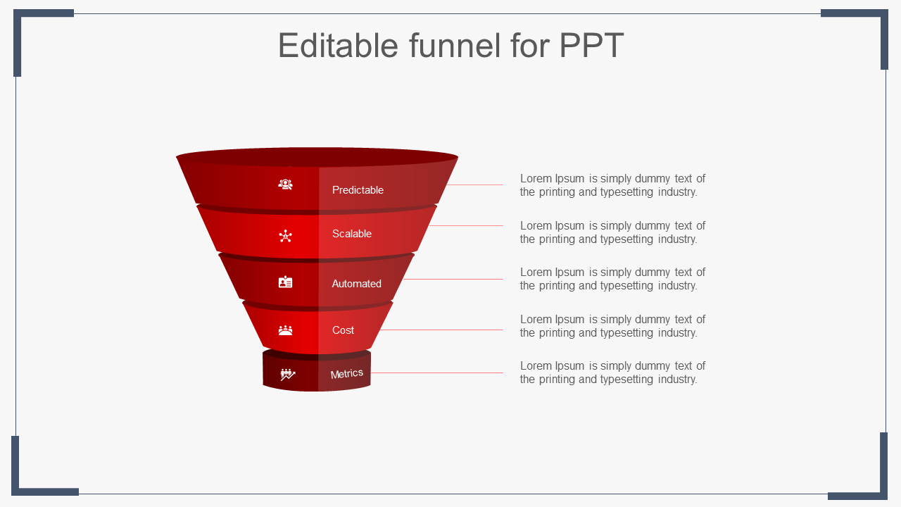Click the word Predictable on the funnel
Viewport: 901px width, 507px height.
pos(358,190)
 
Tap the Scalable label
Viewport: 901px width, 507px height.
pos(351,234)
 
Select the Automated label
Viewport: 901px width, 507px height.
pos(356,284)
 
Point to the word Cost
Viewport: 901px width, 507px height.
pos(343,330)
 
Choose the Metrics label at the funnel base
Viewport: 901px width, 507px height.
pos(347,374)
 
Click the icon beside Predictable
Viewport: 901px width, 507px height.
pos(286,184)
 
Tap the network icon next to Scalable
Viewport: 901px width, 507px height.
pos(286,236)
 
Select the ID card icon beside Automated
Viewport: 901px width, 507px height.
pos(286,282)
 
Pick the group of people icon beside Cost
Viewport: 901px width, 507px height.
pos(286,330)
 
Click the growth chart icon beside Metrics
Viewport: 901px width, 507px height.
pos(288,375)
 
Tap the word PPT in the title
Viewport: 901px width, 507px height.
pos(591,45)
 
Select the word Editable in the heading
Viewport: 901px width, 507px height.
pos(339,45)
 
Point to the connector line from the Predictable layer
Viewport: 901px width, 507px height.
pos(474,184)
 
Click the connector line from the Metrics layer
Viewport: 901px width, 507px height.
pos(437,373)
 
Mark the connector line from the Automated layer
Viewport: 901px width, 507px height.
pos(453,279)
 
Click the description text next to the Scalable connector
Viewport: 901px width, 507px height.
pos(612,232)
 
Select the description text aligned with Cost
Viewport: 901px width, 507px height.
pos(612,326)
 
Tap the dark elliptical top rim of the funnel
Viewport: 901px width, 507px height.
pos(317,157)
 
